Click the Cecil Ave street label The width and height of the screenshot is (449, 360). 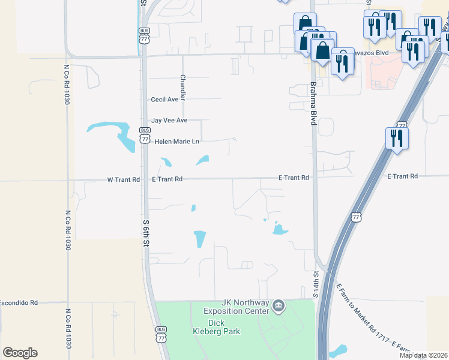point(164,100)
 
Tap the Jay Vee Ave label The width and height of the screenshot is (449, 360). point(169,121)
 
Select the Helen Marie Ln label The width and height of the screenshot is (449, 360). point(176,142)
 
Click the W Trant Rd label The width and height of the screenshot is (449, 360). point(123,179)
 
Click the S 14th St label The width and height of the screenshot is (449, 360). point(316,283)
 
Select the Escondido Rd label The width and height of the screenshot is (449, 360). point(19,302)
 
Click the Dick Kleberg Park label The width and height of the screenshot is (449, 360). point(216,327)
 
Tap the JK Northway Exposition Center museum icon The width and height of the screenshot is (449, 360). point(278,307)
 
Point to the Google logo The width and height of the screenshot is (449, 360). point(20,353)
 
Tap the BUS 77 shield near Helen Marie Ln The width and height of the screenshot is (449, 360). point(145,135)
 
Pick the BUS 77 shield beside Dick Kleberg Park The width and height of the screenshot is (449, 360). point(161,334)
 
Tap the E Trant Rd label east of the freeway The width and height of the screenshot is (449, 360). point(402,176)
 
